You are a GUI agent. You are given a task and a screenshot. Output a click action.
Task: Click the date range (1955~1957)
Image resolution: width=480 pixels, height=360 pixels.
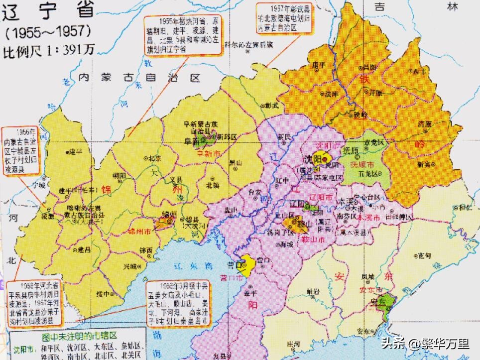tap(48, 33)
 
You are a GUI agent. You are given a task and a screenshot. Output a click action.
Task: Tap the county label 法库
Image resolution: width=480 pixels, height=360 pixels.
tap(332, 94)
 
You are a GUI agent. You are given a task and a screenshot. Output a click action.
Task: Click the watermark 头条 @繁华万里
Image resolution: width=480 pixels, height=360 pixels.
tap(425, 344)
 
